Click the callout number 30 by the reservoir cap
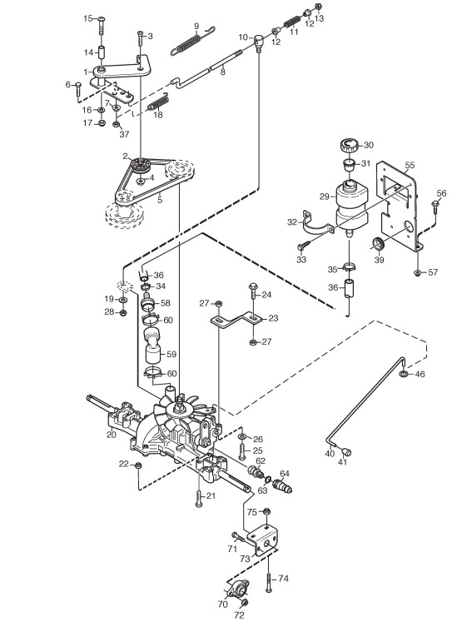(x=369, y=145)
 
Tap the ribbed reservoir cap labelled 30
(x=350, y=145)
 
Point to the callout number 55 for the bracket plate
(x=410, y=165)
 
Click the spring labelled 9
(x=192, y=40)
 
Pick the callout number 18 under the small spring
(x=158, y=115)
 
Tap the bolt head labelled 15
(x=101, y=18)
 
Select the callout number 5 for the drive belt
(x=160, y=200)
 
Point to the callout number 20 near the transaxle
(x=112, y=435)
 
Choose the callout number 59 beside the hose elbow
(x=171, y=354)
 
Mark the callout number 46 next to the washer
(x=420, y=374)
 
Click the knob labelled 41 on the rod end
(x=347, y=450)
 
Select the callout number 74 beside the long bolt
(x=283, y=579)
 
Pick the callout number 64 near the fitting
(x=285, y=473)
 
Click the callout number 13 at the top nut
(x=319, y=18)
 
